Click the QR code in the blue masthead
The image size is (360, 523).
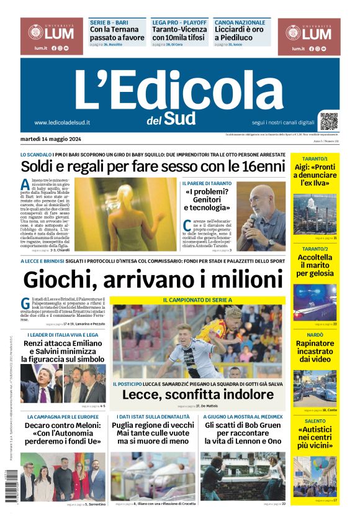329,121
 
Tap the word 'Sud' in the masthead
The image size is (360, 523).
181,117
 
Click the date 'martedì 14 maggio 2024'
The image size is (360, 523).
54,139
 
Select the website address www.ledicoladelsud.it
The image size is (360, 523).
62,122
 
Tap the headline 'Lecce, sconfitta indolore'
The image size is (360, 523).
197,394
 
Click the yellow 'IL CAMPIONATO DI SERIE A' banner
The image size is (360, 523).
197,300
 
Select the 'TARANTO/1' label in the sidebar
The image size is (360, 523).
315,159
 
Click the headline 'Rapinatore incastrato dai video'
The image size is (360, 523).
315,351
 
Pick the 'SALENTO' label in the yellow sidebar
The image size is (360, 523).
315,421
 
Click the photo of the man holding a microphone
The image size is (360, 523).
261,216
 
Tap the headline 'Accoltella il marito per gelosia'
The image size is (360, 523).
315,265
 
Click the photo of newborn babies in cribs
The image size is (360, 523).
153,476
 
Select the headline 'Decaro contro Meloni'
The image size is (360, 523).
62,431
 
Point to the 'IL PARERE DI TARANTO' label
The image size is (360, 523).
207,184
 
